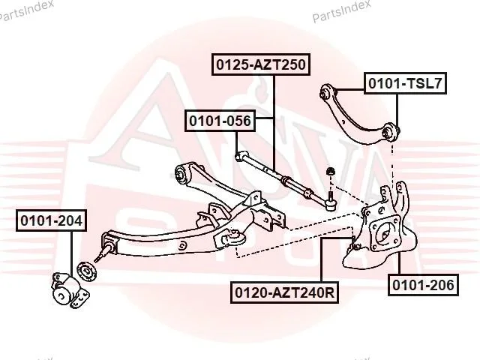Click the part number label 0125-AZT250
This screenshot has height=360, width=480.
coord(261,64)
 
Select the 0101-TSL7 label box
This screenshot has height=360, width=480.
coord(405,83)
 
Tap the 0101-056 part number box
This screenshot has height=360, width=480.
coord(220,121)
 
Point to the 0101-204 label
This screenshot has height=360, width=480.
coord(52,220)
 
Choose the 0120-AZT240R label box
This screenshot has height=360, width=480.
coord(285,292)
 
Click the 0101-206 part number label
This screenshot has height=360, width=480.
coord(423,285)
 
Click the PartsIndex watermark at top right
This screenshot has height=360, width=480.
coord(341,11)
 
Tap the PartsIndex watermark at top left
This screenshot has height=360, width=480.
coord(26,10)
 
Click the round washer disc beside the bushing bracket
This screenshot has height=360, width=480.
coord(87,271)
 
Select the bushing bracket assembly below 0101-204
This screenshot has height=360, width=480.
coord(70,289)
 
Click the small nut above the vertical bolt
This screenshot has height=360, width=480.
coord(330,172)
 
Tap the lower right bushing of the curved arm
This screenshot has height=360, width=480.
coord(390,132)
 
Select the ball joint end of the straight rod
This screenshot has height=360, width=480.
coord(330,205)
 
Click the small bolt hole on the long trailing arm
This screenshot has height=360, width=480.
coord(183,245)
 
